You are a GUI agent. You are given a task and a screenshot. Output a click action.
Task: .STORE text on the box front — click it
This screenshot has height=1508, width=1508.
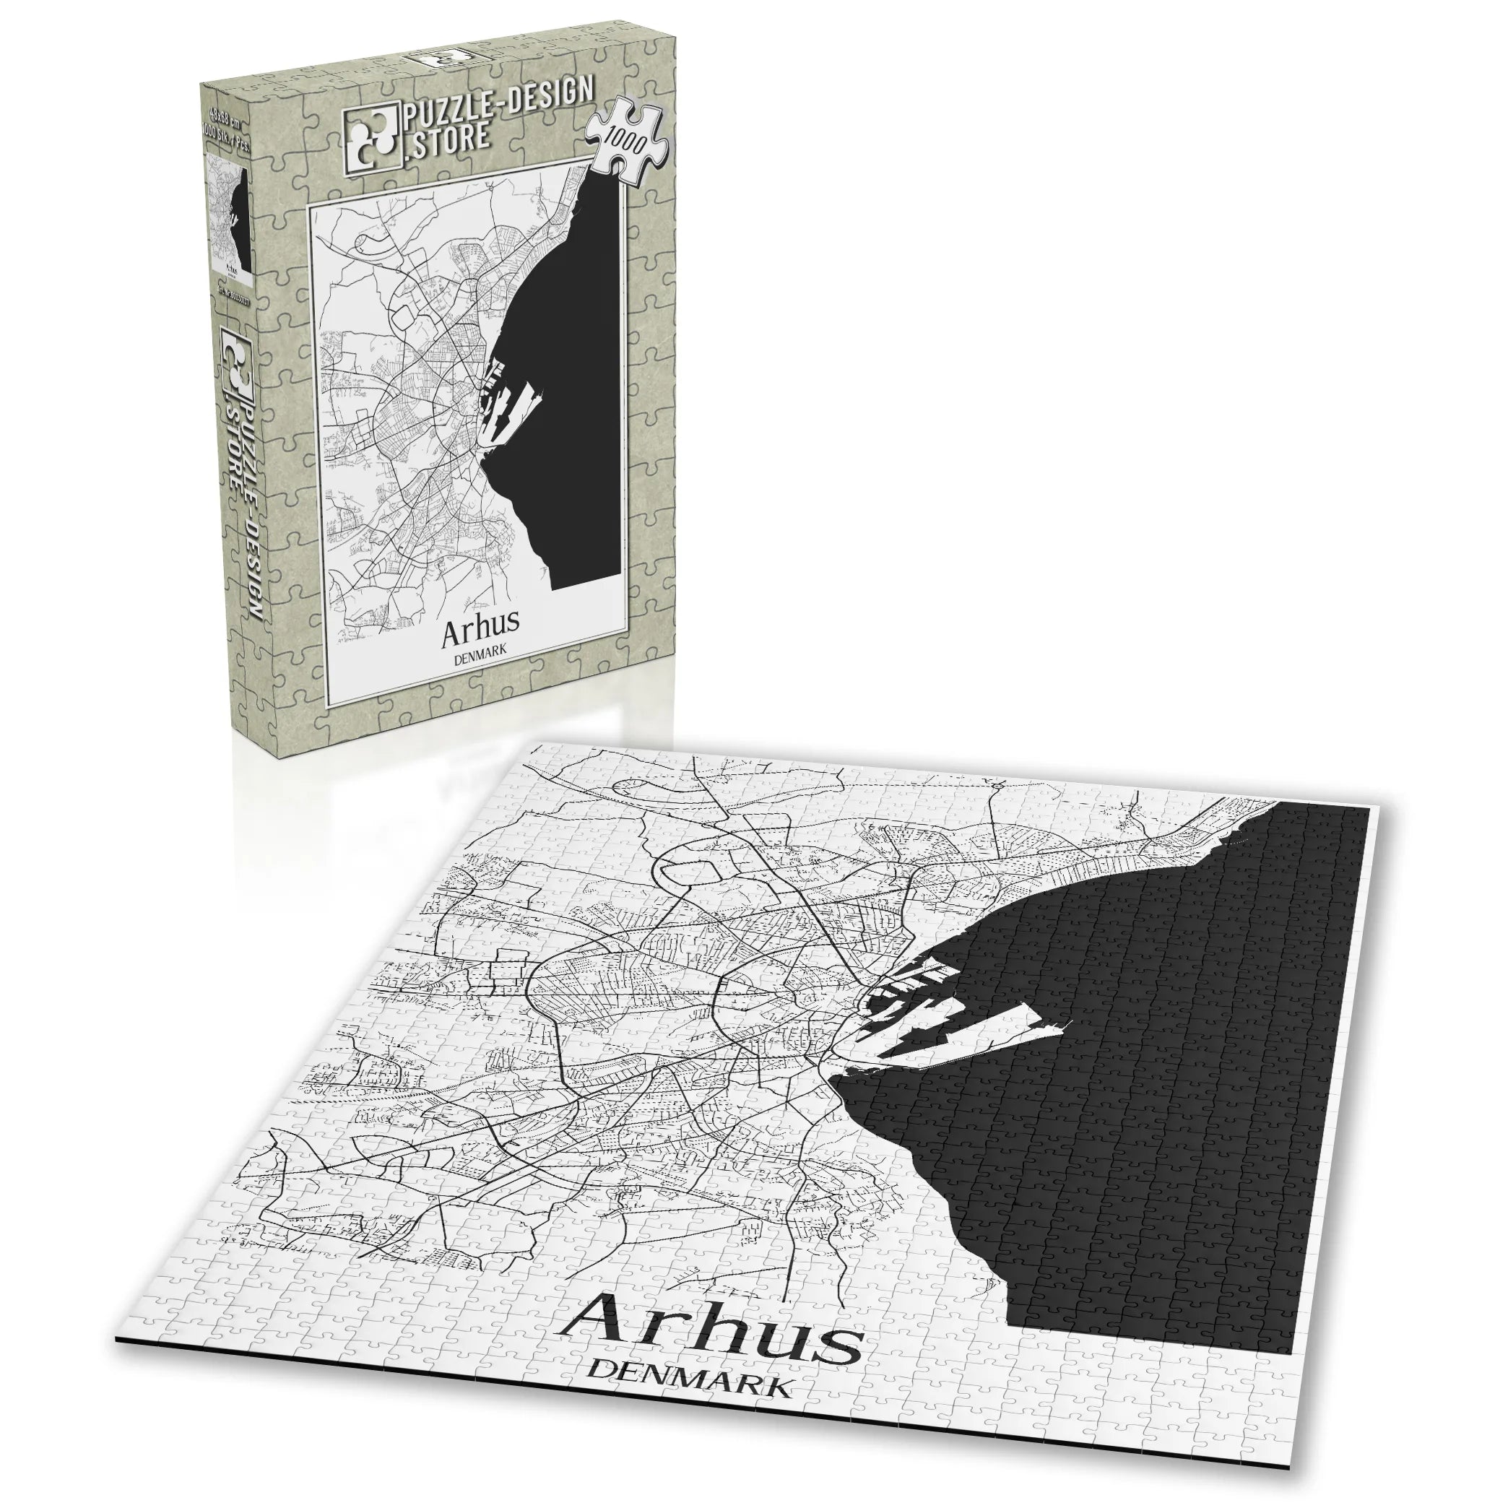click(446, 136)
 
